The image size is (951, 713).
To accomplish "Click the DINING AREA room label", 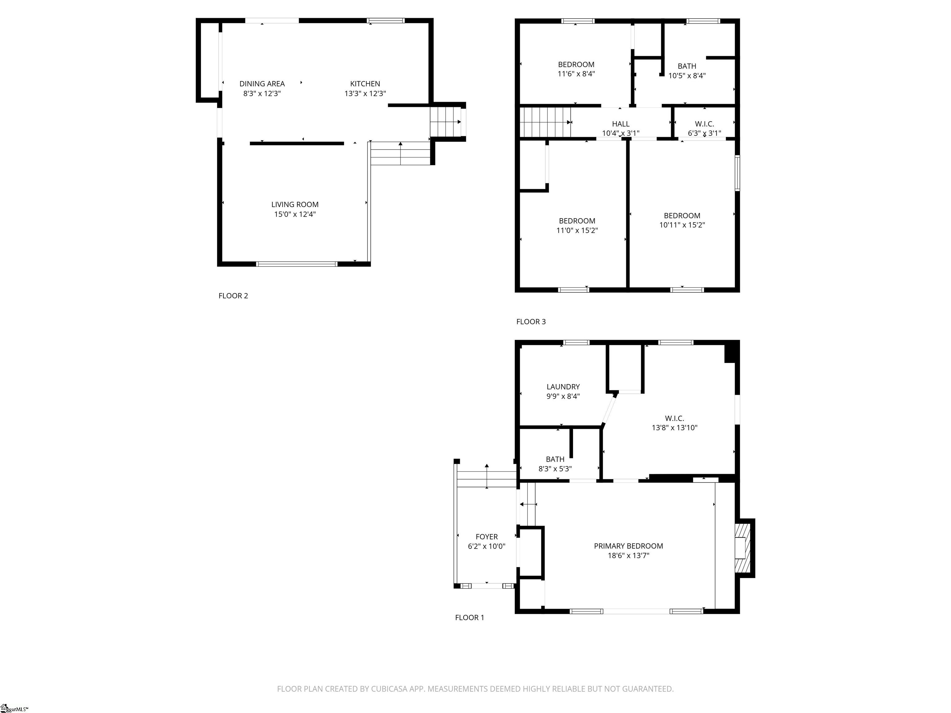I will pos(262,84).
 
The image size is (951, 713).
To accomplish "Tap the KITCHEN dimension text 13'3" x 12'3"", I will pos(365,94).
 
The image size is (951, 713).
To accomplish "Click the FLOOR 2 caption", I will pos(233,296).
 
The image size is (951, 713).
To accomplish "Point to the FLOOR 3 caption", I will pos(531,322).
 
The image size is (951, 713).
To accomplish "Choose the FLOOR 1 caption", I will pos(469,618).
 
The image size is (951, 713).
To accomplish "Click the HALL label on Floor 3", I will pos(620,124).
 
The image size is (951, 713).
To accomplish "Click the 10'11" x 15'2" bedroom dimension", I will pos(682,225).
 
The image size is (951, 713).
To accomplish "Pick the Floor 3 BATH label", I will pos(687,66).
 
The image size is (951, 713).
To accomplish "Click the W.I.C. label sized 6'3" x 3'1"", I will pos(704,124).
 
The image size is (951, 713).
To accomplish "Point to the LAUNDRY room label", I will pos(563,387).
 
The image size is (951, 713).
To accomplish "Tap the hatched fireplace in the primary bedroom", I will pos(742,548).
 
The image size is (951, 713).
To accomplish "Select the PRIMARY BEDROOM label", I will pos(628,546).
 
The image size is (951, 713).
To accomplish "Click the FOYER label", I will pos(486,537).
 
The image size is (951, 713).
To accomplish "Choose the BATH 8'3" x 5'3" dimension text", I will pos(555,469).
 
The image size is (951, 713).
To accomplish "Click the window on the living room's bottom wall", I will pos(297,264).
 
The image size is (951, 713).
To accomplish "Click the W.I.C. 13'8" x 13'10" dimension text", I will pos(674,428).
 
